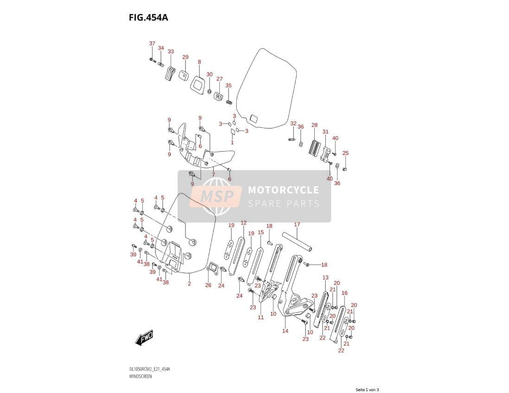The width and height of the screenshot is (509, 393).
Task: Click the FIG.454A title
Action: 148,18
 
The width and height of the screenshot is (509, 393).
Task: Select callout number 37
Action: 152,44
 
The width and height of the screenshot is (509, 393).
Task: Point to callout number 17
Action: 297,224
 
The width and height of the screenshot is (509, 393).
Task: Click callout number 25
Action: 346,153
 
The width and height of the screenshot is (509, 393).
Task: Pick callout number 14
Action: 285,331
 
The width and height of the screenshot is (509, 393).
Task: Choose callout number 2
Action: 189,284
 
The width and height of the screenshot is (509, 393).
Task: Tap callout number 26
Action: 208,285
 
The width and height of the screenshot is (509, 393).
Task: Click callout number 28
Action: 314,125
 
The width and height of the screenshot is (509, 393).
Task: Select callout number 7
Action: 213,175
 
